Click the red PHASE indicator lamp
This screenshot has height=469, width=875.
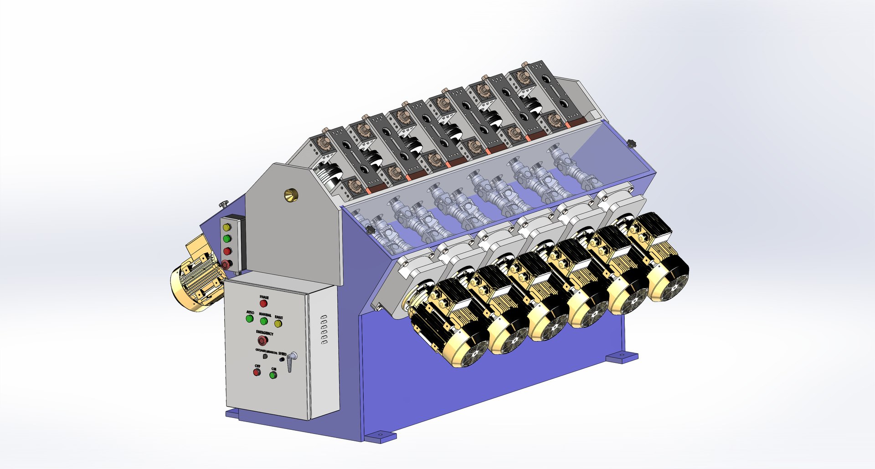(263, 304)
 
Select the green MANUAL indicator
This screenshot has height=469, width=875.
(263, 321)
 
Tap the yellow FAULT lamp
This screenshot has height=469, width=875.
(278, 324)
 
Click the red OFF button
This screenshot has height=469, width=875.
(257, 372)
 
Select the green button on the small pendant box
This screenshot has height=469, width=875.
(226, 239)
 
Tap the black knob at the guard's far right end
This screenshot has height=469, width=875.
(631, 143)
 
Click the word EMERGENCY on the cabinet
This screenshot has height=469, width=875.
(264, 333)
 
